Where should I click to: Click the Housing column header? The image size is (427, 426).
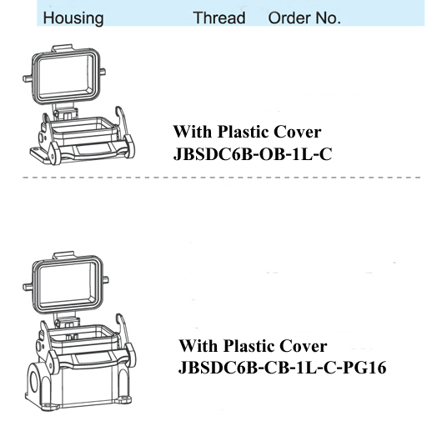73,18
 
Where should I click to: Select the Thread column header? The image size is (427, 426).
219,18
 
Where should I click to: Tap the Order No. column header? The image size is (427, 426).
304,18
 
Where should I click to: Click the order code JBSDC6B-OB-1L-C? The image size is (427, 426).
253,154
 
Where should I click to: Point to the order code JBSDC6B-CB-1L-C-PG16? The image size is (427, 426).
282,368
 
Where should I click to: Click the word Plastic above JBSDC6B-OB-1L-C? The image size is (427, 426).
244,132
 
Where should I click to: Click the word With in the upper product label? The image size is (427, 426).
193,132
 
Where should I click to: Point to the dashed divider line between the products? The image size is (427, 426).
222,177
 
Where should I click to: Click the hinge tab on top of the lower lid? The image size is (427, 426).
63,255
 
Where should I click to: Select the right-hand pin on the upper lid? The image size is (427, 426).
103,72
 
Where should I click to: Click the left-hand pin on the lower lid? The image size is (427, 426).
28,287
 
